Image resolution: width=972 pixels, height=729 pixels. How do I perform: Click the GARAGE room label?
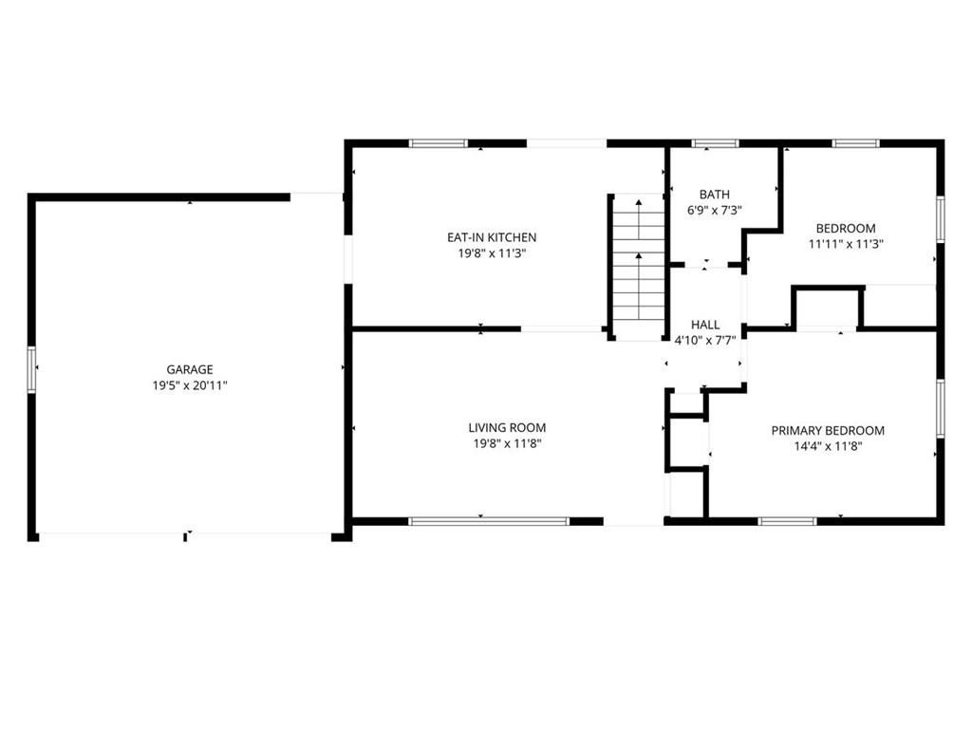(x=190, y=369)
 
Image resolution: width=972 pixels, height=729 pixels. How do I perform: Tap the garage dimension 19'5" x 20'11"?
(x=190, y=385)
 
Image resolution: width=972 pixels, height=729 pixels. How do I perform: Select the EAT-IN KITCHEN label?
(x=492, y=237)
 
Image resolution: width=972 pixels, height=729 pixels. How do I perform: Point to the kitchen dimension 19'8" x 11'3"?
(x=492, y=253)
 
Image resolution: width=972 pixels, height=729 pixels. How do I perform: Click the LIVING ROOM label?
(x=507, y=428)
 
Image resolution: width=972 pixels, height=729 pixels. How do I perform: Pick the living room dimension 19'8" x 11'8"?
(x=507, y=444)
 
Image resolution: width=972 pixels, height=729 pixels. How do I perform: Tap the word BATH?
(x=714, y=195)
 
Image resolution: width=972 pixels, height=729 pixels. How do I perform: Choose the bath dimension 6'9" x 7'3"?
(x=714, y=211)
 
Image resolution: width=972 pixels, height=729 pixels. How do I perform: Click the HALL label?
(x=705, y=325)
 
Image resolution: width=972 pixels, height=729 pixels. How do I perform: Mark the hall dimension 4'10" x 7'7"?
(x=705, y=341)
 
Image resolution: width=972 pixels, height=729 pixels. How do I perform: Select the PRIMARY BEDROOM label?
(x=828, y=431)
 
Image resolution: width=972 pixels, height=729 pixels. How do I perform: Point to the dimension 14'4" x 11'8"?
(x=828, y=446)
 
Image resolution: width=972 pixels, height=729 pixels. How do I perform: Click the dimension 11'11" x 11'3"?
(x=846, y=244)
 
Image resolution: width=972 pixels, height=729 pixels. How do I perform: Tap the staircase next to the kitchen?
(x=639, y=267)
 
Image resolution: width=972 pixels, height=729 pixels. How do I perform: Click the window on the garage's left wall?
(x=31, y=369)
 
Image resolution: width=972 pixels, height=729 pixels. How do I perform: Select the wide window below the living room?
(x=489, y=522)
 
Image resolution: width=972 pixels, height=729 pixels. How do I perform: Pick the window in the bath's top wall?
(x=716, y=144)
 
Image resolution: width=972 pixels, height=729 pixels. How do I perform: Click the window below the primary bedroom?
(x=788, y=522)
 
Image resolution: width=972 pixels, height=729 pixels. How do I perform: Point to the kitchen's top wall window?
(x=439, y=144)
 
